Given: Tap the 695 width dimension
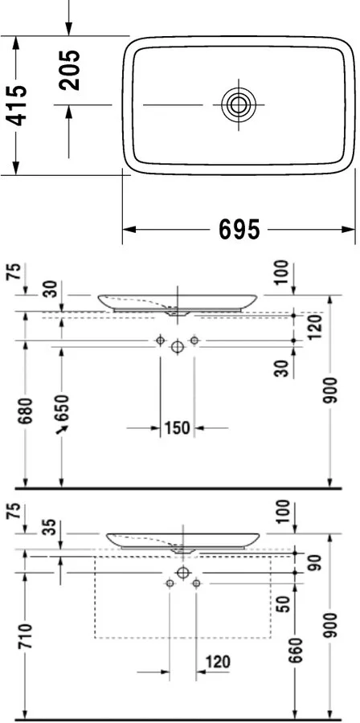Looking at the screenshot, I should pos(239,231).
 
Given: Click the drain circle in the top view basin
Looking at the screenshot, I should pos(239,104).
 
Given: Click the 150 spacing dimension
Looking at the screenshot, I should pos(177,428).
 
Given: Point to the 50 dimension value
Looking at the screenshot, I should pos(284,604).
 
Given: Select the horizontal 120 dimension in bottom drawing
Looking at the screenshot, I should pos(217,663).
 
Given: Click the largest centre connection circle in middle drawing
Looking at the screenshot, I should pos(177,344).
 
